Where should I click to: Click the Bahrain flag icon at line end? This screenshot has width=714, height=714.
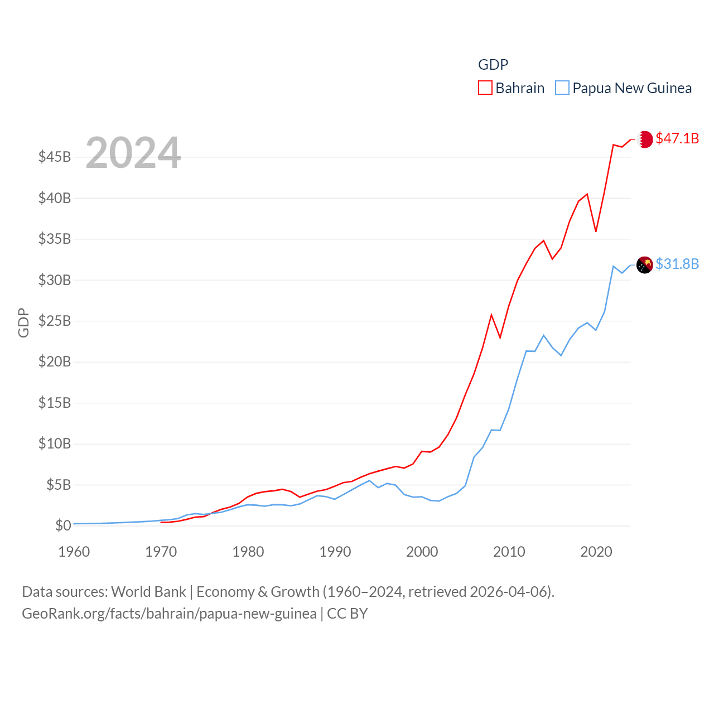(645, 139)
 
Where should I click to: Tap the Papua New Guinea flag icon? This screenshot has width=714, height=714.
(645, 265)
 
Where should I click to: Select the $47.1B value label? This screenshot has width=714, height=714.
(677, 138)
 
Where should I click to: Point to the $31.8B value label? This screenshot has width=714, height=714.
(677, 264)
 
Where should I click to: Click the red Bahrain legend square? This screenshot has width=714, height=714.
(485, 88)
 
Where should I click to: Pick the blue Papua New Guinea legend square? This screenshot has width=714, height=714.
(562, 88)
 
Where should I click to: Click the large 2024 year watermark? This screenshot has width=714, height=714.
(133, 153)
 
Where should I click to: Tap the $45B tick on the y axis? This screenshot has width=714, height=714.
(55, 157)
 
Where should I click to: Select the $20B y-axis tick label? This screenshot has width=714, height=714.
(55, 361)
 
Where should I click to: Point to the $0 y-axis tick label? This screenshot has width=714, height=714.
(63, 525)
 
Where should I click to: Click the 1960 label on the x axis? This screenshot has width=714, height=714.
(74, 552)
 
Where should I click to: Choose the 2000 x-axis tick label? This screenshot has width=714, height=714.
(422, 552)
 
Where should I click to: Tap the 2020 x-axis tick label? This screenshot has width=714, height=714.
(596, 552)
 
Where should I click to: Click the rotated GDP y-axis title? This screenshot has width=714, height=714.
(23, 322)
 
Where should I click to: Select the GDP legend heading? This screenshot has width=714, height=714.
(493, 65)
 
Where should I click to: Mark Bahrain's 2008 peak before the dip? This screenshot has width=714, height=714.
(491, 315)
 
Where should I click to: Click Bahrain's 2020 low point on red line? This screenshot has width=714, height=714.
(596, 231)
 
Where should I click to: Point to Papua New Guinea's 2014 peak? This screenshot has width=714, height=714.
(544, 335)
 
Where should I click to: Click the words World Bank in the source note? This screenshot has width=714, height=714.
(149, 591)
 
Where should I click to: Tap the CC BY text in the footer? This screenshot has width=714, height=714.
(347, 614)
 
